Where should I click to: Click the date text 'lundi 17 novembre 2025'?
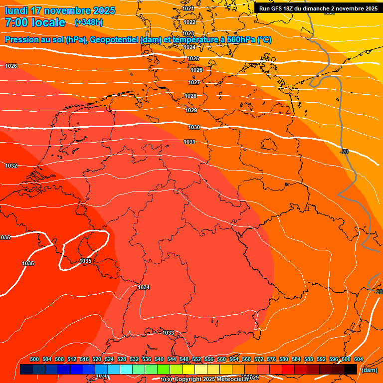click(x=60, y=10)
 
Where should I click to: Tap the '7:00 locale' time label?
click(x=35, y=22)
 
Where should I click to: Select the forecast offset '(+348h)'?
click(x=89, y=22)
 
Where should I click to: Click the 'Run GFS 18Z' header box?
click(x=318, y=8)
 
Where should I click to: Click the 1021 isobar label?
click(x=188, y=8)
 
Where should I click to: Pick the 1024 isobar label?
click(x=190, y=47)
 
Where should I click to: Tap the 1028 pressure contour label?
click(x=191, y=96)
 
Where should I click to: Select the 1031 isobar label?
click(x=190, y=142)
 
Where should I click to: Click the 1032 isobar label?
click(x=11, y=166)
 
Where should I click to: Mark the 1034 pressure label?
click(x=144, y=287)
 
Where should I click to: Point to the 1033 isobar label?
click(x=168, y=333)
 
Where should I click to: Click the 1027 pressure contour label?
click(x=194, y=82)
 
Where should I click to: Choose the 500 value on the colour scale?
click(x=34, y=359)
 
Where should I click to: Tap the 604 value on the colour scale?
click(x=358, y=359)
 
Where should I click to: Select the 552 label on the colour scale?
click(x=196, y=359)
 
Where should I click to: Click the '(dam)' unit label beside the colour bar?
click(x=369, y=370)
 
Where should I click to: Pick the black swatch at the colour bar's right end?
click(x=351, y=370)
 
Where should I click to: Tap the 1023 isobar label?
click(x=189, y=33)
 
